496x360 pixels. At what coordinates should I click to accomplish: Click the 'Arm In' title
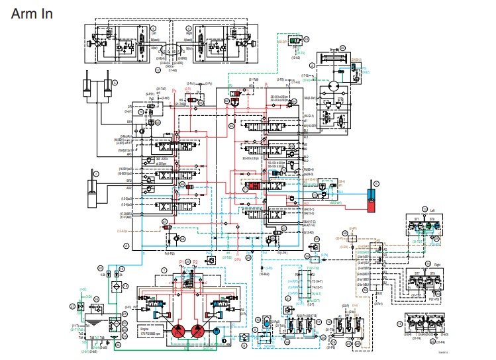[x=32, y=13]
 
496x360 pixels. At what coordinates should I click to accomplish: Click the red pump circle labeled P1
[x=179, y=332]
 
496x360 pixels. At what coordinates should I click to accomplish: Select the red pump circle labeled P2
[x=197, y=332]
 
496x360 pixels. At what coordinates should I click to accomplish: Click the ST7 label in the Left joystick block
[x=417, y=219]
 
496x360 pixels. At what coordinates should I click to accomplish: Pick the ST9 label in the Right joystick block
[x=431, y=273]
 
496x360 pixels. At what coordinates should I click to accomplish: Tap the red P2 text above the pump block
[x=196, y=262]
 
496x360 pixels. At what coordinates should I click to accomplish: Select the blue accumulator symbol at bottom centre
[x=264, y=322]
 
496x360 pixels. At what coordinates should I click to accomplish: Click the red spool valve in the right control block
[x=256, y=187]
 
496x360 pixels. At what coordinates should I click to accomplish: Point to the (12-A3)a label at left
[x=123, y=230]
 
